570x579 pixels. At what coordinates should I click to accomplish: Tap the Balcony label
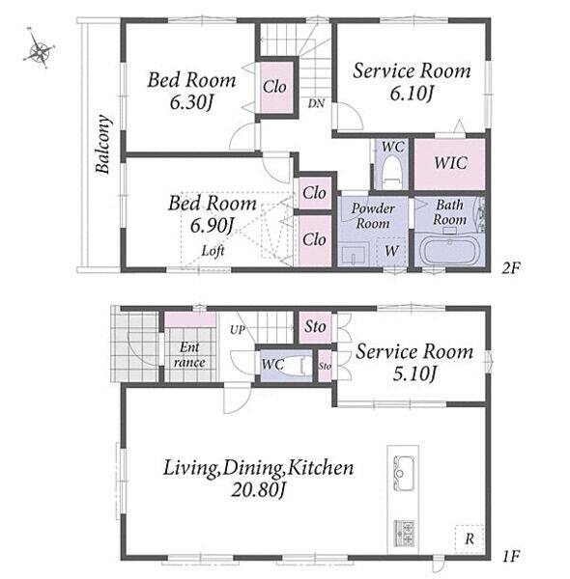pos(103,144)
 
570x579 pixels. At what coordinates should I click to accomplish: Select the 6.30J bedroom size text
pos(192,103)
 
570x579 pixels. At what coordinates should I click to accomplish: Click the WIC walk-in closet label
pos(450,163)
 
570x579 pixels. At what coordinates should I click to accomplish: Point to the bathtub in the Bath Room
pos(449,250)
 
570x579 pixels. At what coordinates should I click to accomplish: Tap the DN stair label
pos(316,103)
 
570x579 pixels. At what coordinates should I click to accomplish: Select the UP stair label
pos(238,330)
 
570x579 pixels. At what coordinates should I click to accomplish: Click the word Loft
pos(213,251)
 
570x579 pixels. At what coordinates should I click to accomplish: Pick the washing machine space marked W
pos(391,252)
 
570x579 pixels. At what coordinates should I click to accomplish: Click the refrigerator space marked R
pos(470,538)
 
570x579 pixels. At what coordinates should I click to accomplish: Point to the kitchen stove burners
pos(403,534)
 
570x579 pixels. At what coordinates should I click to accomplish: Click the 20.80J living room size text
pos(258,490)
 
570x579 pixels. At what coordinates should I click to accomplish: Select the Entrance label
pos(189,355)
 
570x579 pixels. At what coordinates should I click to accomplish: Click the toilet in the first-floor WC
pos(296,366)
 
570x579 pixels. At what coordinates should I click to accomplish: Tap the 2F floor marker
pos(510,268)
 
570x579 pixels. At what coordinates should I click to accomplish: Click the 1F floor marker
pos(511,556)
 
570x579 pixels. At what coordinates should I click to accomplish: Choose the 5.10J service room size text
pos(414,374)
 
